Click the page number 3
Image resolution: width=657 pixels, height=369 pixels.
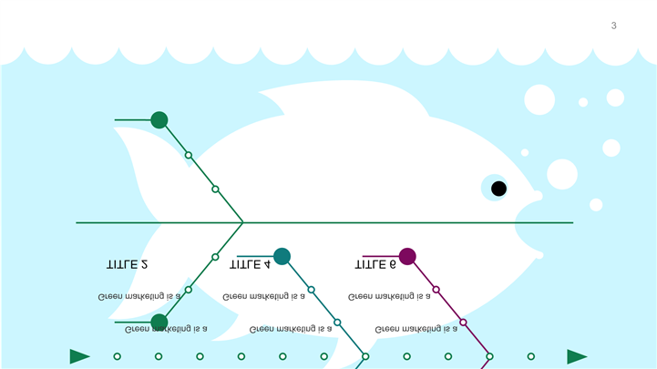click(613, 26)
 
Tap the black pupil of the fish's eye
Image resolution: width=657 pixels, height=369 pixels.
click(498, 189)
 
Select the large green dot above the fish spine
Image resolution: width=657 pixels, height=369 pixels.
click(159, 119)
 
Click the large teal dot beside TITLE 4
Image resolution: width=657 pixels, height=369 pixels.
click(282, 256)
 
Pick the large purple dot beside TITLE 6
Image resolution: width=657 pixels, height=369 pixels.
click(407, 256)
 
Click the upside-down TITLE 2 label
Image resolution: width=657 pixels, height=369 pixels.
click(128, 264)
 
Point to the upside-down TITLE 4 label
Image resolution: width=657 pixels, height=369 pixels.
click(250, 264)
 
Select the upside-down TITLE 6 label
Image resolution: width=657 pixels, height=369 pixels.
click(375, 264)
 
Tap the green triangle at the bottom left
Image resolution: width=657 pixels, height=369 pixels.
click(80, 356)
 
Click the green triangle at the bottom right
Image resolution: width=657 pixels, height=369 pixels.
click(577, 356)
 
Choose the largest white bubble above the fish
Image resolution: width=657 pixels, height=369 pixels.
click(539, 99)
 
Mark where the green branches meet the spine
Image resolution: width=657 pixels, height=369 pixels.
click(242, 222)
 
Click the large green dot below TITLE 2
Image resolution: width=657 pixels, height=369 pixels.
click(159, 322)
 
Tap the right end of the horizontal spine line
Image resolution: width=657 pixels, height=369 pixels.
click(572, 222)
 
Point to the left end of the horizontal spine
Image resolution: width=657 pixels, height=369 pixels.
click(77, 222)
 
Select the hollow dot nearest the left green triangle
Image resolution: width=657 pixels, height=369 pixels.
click(117, 356)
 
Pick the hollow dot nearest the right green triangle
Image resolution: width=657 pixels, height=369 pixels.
click(531, 356)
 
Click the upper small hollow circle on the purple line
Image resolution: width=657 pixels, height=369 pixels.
click(436, 290)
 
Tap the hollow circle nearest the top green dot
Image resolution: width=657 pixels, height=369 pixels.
click(189, 155)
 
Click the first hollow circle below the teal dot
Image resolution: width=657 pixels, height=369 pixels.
click(311, 290)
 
